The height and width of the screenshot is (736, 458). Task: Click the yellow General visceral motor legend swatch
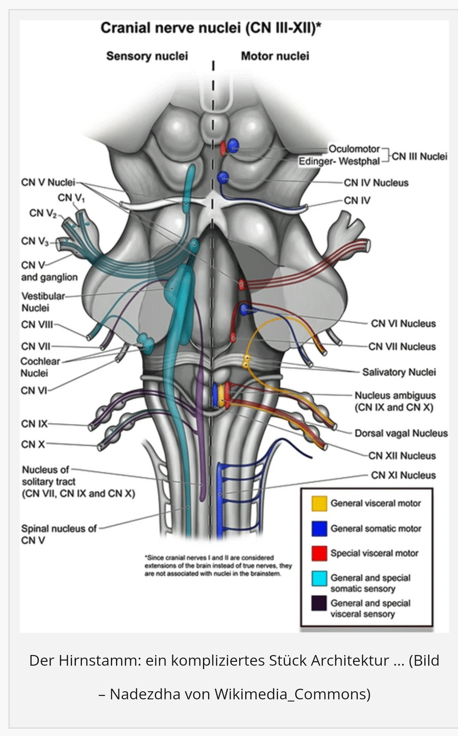click(x=319, y=503)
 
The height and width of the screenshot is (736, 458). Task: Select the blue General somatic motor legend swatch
click(x=319, y=528)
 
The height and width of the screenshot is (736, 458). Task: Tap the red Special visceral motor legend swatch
click(x=319, y=553)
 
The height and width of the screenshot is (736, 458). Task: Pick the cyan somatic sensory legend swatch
click(x=319, y=578)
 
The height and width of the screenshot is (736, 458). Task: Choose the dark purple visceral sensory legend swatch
click(x=319, y=603)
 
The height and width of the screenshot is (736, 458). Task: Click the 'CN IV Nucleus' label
click(x=376, y=183)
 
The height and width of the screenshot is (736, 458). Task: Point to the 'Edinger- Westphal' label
click(x=339, y=162)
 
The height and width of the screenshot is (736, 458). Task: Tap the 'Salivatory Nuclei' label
click(x=399, y=372)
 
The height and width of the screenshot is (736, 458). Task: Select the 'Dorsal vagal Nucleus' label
click(x=401, y=433)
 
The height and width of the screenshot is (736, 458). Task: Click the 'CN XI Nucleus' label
click(x=403, y=475)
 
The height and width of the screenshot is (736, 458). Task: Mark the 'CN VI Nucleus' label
click(x=403, y=323)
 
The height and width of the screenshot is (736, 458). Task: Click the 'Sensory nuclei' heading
click(x=147, y=56)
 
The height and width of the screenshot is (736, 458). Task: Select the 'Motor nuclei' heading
click(x=275, y=56)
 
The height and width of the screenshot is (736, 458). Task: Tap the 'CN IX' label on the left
click(x=34, y=424)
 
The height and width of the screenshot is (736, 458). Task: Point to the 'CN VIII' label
click(x=37, y=325)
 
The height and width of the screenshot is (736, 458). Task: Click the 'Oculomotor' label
click(x=354, y=149)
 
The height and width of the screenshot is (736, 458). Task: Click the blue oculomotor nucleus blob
click(x=233, y=145)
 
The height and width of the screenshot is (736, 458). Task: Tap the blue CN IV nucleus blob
click(x=223, y=177)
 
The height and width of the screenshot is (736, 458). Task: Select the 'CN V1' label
click(x=71, y=198)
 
